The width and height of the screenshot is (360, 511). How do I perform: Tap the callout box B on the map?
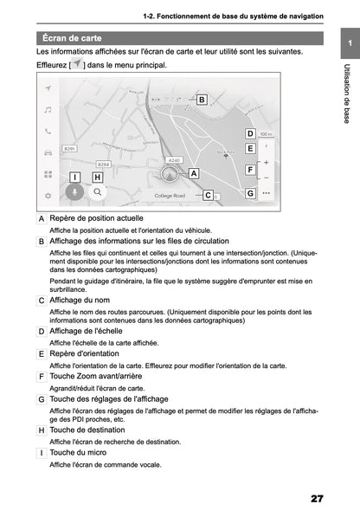(x=201, y=100)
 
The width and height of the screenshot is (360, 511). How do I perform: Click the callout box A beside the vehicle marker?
(x=194, y=173)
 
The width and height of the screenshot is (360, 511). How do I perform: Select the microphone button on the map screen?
(x=75, y=192)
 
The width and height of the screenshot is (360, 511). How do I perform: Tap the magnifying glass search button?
(x=98, y=192)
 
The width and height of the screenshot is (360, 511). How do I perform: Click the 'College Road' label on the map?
(x=170, y=197)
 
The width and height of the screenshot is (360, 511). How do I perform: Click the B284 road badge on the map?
(x=103, y=164)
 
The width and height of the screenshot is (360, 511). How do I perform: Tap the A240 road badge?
(x=174, y=160)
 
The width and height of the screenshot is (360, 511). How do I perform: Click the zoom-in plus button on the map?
(x=266, y=163)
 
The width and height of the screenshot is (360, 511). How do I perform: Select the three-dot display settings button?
(x=266, y=193)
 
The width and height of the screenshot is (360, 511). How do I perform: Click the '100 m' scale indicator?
(x=266, y=135)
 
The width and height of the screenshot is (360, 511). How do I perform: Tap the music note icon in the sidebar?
(x=48, y=110)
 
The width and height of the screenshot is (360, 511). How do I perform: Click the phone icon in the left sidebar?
(x=48, y=131)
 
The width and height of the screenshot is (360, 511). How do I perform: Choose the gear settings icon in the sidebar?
(x=48, y=196)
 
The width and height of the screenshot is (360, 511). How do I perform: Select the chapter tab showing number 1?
(x=349, y=44)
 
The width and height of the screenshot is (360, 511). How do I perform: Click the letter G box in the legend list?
(x=42, y=399)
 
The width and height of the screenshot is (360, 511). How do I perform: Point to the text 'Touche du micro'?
(x=79, y=452)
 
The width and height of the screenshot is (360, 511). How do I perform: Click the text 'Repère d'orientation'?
(x=90, y=353)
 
